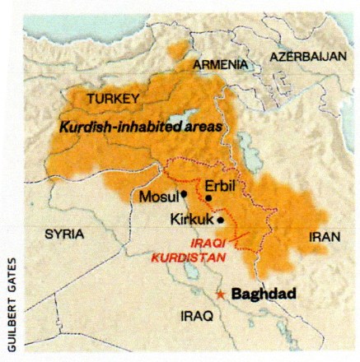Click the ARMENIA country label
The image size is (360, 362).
click(221, 64)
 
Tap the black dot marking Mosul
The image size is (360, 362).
click(185, 195)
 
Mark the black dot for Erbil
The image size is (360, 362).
click(209, 197)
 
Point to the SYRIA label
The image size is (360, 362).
click(65, 234)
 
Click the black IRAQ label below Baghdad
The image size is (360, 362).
click(198, 314)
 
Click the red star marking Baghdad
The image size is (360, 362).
click(220, 293)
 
